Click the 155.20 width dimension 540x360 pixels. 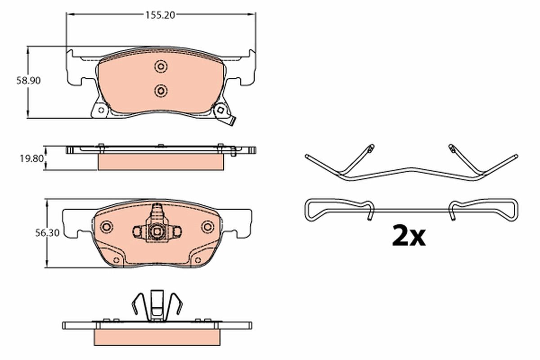[160, 14]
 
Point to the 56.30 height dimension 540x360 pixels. [34, 233]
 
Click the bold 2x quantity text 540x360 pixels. [408, 236]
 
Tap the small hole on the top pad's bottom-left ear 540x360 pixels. [100, 109]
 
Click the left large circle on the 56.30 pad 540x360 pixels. [107, 226]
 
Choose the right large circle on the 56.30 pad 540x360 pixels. [207, 226]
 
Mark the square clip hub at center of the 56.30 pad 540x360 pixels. [157, 231]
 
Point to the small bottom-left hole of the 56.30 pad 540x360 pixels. [116, 260]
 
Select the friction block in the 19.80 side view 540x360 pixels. [161, 162]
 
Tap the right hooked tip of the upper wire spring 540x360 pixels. [451, 148]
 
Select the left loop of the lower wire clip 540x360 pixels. [315, 210]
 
